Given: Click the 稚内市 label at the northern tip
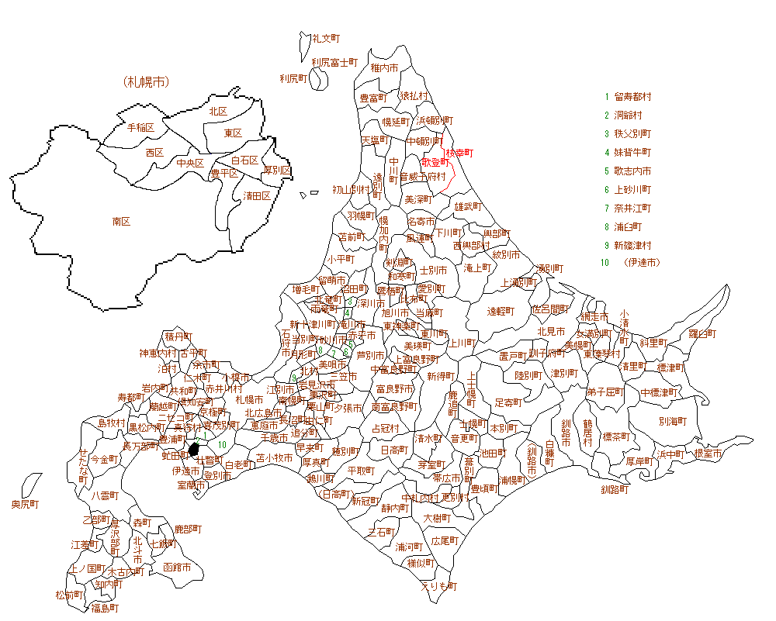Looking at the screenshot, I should click(x=385, y=68).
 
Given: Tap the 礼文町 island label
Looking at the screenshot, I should click(x=326, y=37).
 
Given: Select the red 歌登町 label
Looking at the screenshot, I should click(x=435, y=162).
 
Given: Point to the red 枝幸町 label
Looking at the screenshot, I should click(x=459, y=153).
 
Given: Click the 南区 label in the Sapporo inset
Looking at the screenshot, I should click(x=121, y=221).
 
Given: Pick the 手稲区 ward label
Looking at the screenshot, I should click(x=140, y=127).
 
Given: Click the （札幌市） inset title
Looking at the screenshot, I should click(x=146, y=81).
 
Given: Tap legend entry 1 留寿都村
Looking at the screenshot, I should click(x=632, y=97).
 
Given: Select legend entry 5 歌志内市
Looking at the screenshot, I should click(x=632, y=171).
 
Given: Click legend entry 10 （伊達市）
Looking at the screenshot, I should click(x=641, y=263).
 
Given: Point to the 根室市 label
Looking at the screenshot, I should click(x=708, y=453).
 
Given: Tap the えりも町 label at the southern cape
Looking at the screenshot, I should click(x=439, y=586).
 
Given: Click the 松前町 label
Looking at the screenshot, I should click(x=70, y=595).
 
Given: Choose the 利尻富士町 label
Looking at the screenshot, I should click(x=334, y=62).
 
